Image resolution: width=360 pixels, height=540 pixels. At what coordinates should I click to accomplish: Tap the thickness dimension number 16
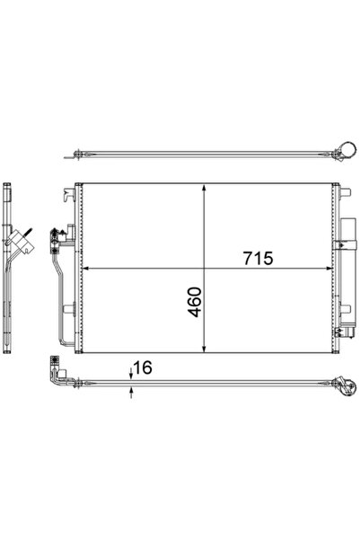(142, 367)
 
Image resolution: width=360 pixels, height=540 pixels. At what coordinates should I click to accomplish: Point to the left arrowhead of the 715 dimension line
(86, 268)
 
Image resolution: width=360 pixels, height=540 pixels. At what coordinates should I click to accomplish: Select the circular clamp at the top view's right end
(341, 153)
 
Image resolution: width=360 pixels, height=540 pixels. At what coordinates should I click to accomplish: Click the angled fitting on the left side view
(25, 240)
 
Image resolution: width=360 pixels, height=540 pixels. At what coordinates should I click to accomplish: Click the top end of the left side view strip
(9, 185)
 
